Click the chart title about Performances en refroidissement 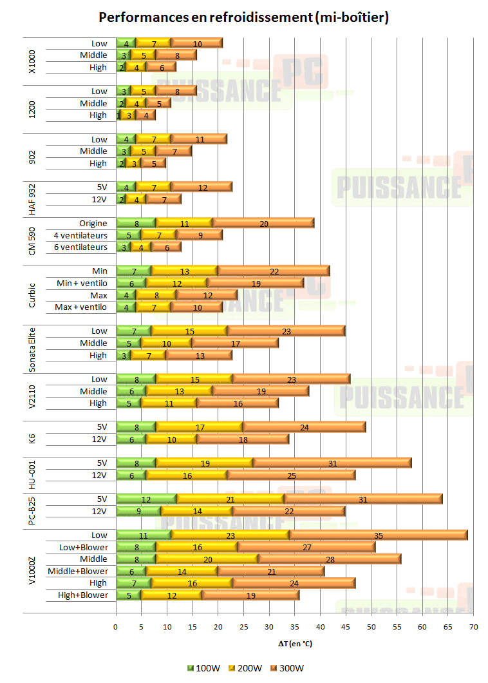(244, 17)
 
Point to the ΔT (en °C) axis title (294, 644)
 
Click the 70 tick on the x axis (473, 626)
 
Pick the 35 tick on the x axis (294, 626)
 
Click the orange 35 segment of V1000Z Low (378, 535)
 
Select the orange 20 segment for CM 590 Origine (263, 224)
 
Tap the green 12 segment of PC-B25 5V (146, 499)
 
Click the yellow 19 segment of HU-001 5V (205, 463)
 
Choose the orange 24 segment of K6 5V (304, 427)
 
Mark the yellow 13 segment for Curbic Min (185, 271)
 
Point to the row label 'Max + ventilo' (81, 307)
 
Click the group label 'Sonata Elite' (32, 343)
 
